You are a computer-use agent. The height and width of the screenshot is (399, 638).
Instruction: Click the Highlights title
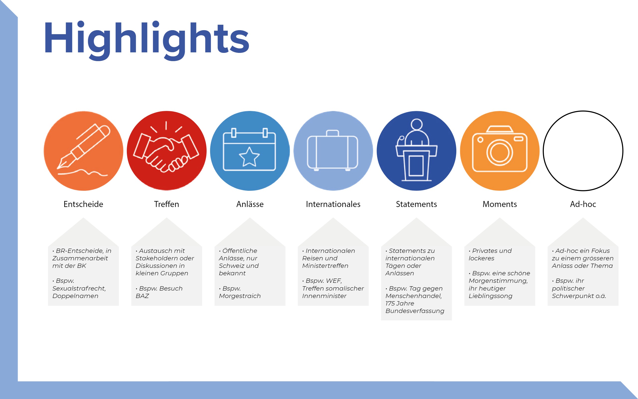[147, 40]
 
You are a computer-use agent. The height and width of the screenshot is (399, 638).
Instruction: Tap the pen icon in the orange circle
[83, 146]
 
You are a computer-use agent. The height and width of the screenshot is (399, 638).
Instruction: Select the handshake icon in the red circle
[166, 150]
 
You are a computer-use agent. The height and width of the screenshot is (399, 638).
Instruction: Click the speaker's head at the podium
[416, 124]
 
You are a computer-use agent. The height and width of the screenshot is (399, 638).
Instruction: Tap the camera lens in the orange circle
[499, 152]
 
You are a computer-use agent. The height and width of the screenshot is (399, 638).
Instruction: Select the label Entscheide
[83, 204]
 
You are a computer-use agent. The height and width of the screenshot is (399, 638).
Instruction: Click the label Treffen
[166, 204]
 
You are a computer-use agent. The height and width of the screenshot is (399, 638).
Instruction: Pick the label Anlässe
[250, 204]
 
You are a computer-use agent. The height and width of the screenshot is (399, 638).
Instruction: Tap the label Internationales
[333, 204]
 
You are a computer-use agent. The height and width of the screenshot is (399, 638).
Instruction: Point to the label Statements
[416, 204]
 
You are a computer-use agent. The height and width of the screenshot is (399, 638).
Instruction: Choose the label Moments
[500, 204]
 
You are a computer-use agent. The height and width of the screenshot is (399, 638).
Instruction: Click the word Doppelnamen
[76, 296]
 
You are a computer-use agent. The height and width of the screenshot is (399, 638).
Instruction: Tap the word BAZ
[142, 296]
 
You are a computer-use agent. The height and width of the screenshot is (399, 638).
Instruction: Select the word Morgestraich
[240, 296]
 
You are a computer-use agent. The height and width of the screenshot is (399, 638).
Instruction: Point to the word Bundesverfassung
[415, 311]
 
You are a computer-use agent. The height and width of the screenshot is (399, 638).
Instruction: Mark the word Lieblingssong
[490, 296]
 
